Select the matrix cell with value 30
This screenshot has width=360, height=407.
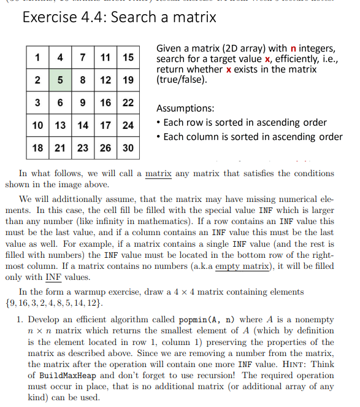(x=128, y=148)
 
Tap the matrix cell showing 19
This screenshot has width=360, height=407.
(x=128, y=80)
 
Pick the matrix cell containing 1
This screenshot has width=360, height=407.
(x=38, y=58)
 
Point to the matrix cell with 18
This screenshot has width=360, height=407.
(x=38, y=148)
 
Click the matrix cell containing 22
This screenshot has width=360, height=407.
(x=128, y=103)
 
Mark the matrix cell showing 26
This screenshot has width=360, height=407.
(x=105, y=148)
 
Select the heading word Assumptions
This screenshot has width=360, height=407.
(x=185, y=107)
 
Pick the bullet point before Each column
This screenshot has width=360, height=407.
(x=159, y=137)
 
